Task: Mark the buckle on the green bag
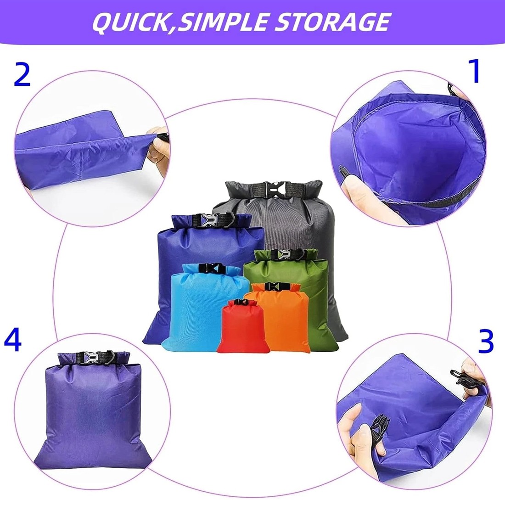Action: click(283, 254)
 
